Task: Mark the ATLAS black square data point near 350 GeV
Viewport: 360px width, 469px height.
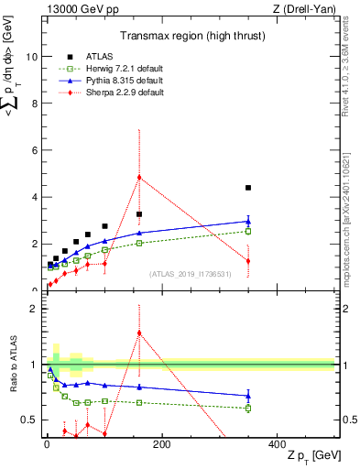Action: click(248, 188)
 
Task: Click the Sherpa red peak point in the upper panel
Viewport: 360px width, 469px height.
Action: click(139, 177)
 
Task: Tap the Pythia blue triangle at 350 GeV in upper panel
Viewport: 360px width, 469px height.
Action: click(248, 221)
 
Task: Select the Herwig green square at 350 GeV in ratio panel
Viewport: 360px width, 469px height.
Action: click(248, 408)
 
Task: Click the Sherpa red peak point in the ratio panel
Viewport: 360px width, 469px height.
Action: click(139, 333)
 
